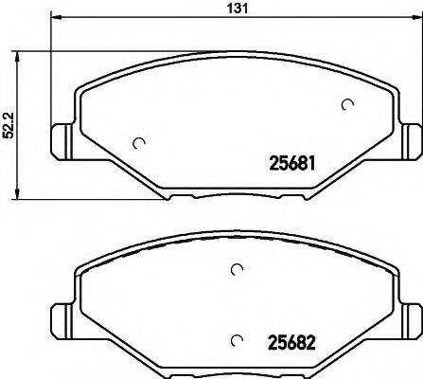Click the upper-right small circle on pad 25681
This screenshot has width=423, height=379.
[x=347, y=104]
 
